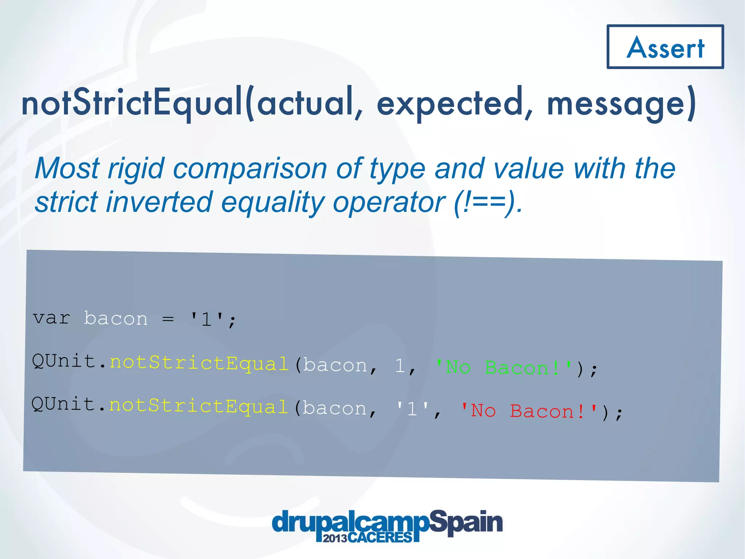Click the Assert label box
click(x=665, y=47)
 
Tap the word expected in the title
click(x=450, y=104)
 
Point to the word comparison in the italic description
click(x=250, y=169)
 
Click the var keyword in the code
click(x=51, y=318)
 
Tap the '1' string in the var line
click(x=207, y=319)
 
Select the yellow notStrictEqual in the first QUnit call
click(x=199, y=364)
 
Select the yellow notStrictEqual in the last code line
click(x=198, y=406)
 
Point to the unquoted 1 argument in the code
click(x=400, y=366)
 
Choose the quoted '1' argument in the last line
click(x=413, y=409)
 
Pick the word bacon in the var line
click(x=116, y=319)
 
